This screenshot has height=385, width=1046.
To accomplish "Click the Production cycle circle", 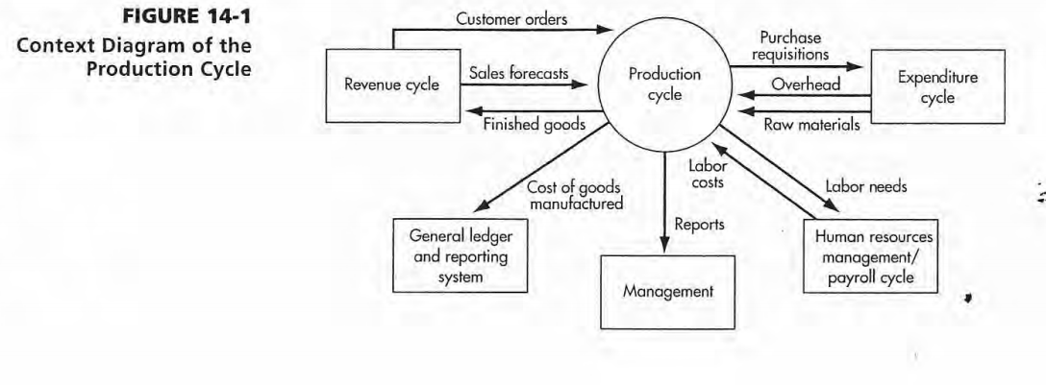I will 663,84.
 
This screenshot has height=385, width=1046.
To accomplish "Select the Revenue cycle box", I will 392,84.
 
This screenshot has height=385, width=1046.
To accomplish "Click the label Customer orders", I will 511,20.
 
